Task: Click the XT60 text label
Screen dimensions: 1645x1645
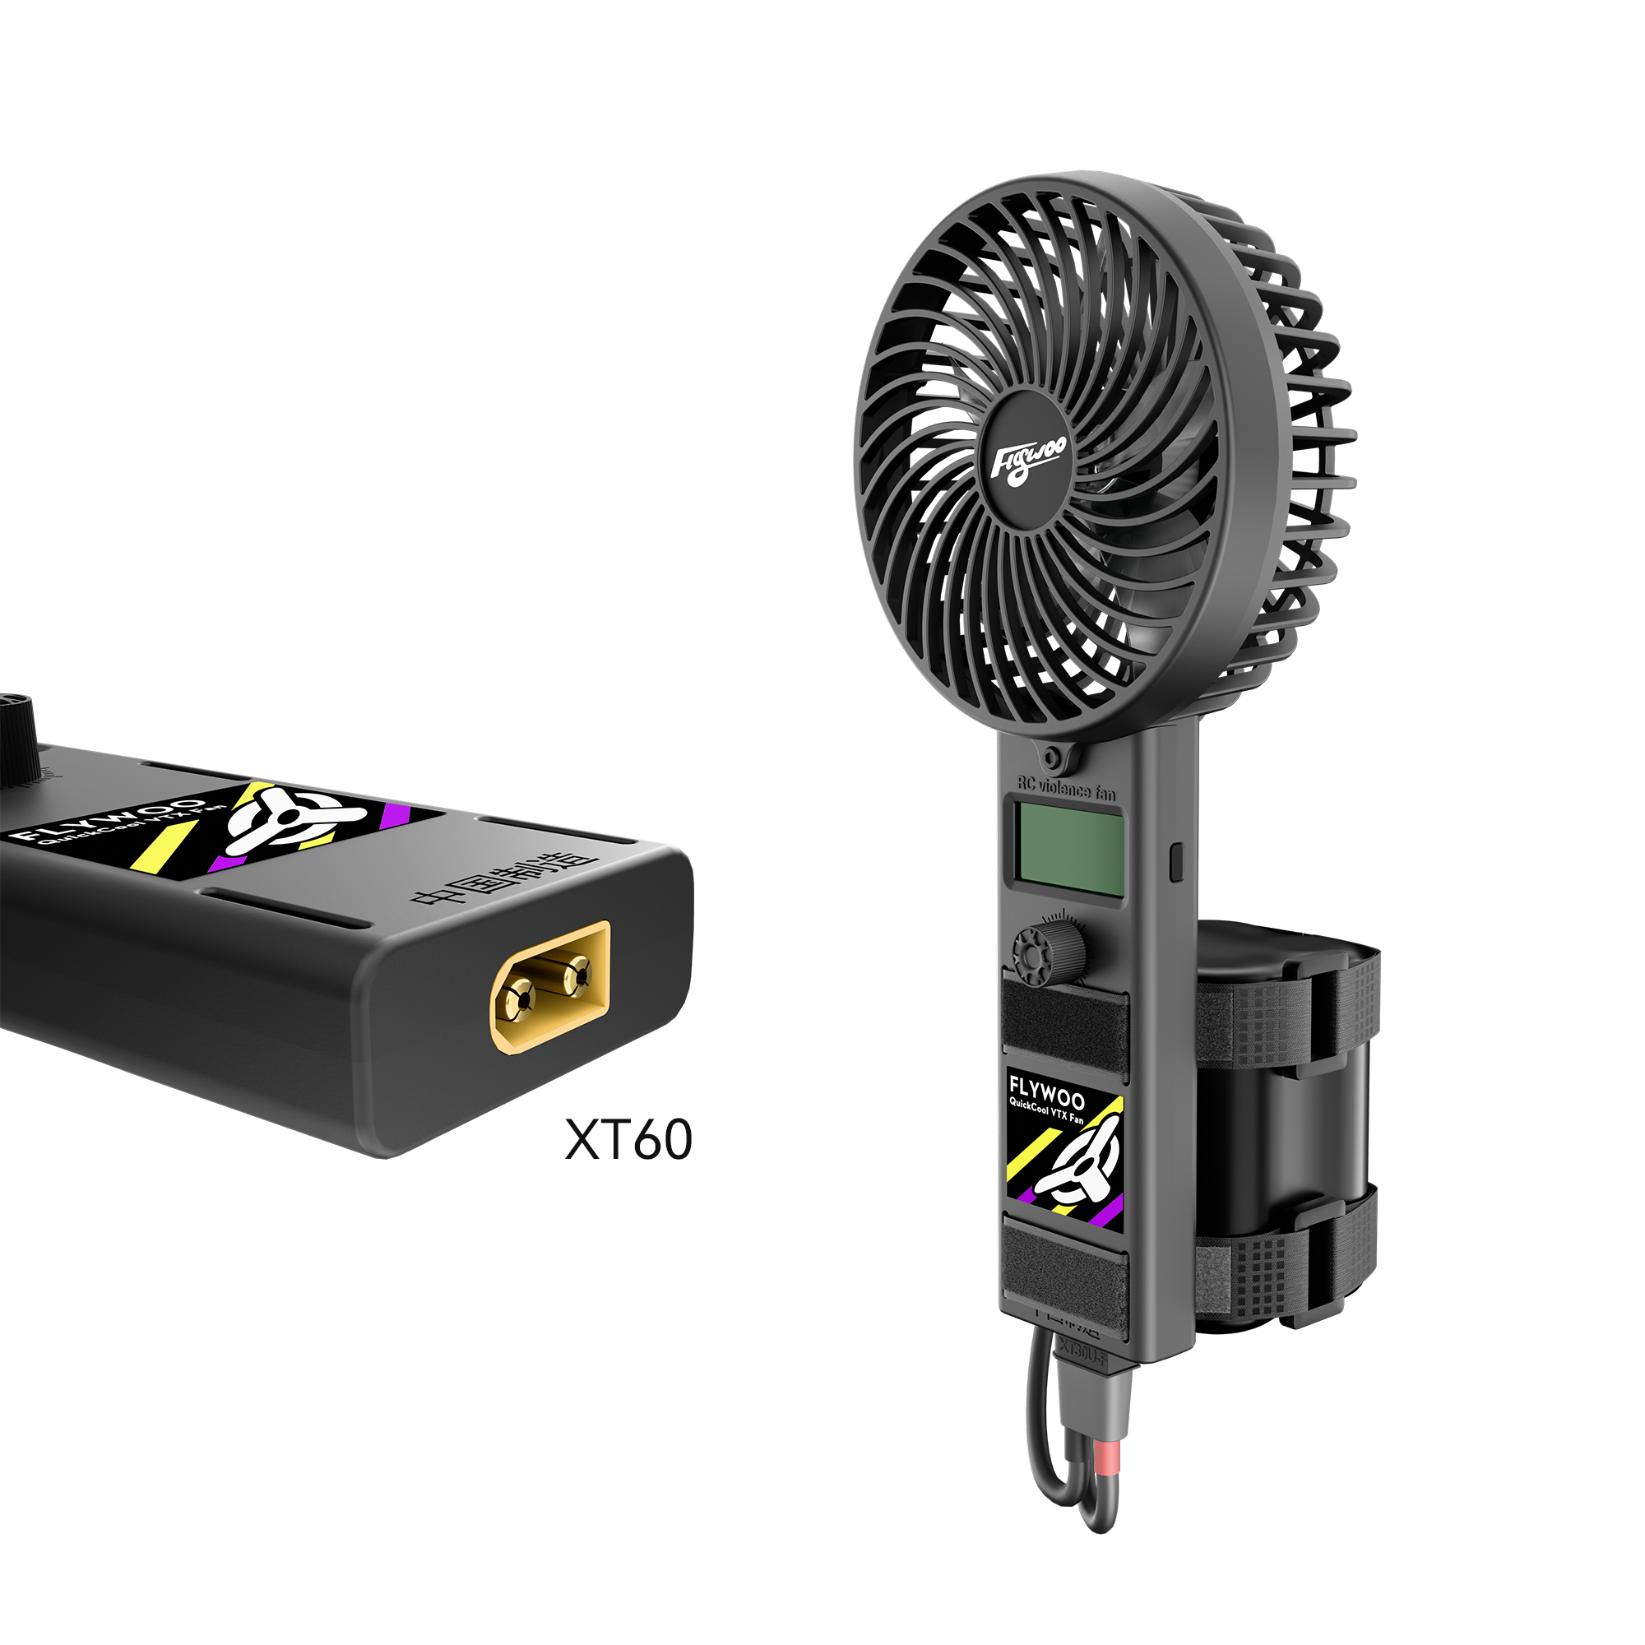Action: [628, 1139]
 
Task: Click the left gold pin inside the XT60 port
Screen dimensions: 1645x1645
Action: [518, 994]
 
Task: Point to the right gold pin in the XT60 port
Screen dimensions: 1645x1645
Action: [577, 968]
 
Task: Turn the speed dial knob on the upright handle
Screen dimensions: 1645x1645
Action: [1049, 948]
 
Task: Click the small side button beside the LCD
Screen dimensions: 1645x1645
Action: [1177, 862]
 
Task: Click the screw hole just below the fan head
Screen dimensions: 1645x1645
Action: [1054, 756]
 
